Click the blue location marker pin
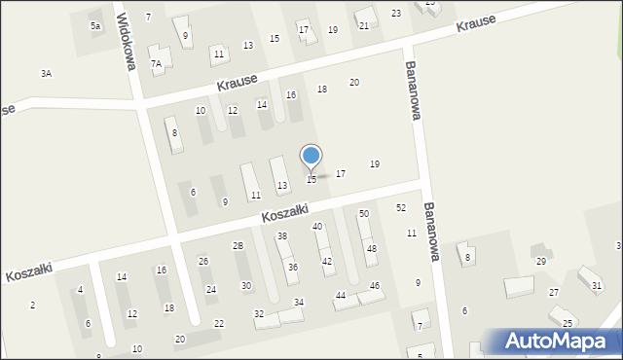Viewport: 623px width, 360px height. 311,157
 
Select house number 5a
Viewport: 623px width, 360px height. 95,25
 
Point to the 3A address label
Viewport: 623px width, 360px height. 46,73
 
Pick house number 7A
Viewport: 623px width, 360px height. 156,63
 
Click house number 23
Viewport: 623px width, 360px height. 396,13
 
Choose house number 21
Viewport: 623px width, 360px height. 364,25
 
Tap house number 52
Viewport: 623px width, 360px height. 401,208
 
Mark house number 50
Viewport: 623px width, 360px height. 364,213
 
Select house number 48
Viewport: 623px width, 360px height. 371,249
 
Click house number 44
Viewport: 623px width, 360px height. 341,295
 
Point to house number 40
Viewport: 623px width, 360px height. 317,226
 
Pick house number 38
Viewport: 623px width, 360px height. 282,236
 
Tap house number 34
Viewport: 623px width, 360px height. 299,303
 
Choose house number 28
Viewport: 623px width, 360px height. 238,246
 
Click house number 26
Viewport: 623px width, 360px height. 203,261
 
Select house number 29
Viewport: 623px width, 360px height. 541,262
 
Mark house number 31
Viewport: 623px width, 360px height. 597,285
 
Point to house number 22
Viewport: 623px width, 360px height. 219,323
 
